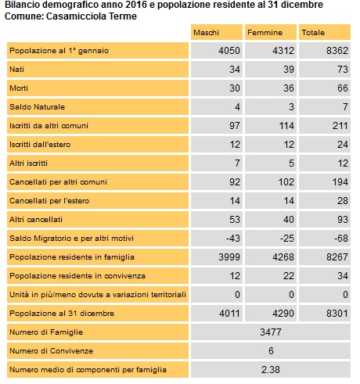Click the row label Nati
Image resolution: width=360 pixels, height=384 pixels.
(x=17, y=70)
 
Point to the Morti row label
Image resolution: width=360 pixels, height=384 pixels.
(x=19, y=88)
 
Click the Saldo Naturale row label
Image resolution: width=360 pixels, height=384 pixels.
(x=38, y=107)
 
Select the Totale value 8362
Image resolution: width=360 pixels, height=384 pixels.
(x=337, y=51)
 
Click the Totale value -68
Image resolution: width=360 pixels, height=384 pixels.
(x=341, y=239)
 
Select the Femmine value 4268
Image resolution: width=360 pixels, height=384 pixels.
(x=283, y=257)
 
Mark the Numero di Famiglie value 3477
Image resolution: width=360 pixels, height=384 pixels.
(x=271, y=332)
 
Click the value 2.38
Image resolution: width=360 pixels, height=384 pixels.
(x=271, y=370)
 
